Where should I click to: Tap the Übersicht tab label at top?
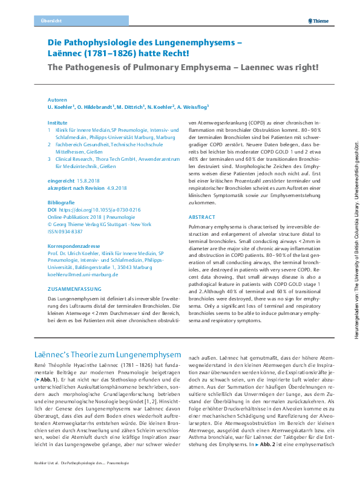click(51, 21)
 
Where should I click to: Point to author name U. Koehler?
click(61, 106)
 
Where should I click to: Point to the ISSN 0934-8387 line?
click(68, 231)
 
